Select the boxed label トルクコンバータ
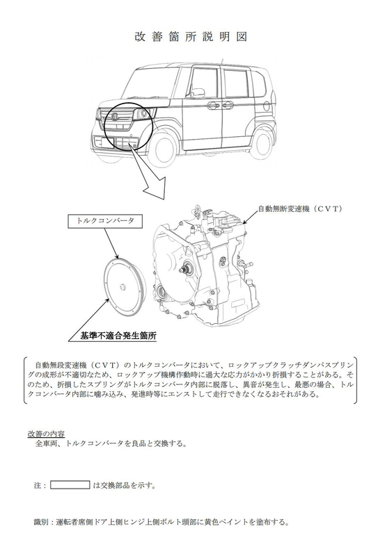100,222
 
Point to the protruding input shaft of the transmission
182,270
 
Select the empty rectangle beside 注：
70,484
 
